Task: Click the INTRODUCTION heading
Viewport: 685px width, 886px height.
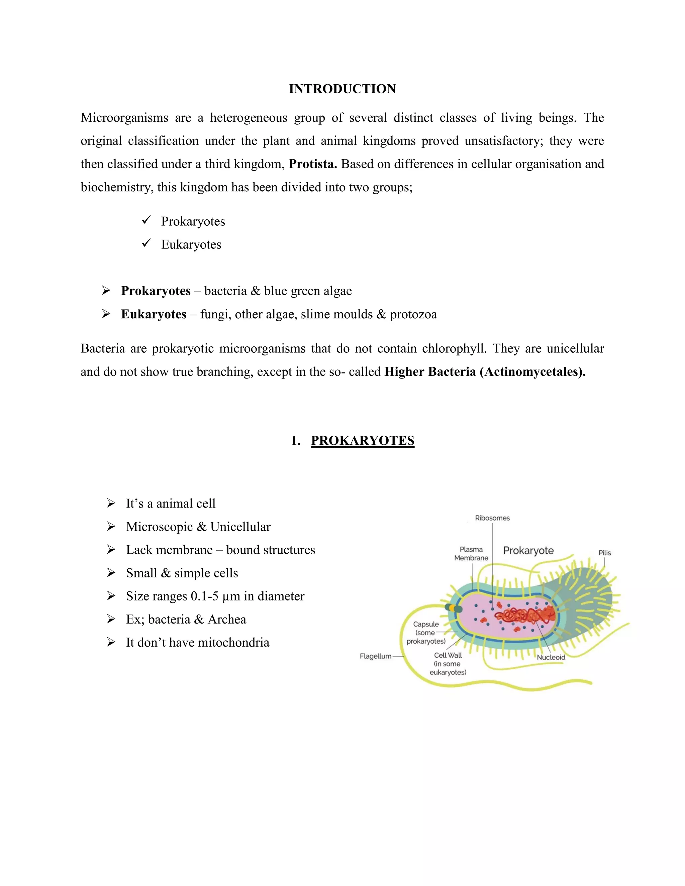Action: point(342,89)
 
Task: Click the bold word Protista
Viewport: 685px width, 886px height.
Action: point(312,164)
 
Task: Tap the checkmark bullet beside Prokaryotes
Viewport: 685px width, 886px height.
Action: point(146,220)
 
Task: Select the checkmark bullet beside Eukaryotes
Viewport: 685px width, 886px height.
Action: point(146,243)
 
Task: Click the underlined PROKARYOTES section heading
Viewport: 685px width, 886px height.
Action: point(362,441)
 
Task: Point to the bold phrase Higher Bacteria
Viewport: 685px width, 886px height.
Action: point(430,371)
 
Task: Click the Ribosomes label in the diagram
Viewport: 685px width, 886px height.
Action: point(492,518)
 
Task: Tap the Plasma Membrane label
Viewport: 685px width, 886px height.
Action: point(471,554)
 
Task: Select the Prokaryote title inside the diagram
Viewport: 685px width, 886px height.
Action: point(528,551)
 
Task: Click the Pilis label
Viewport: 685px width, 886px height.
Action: point(604,553)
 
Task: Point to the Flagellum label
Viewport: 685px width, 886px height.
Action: point(375,656)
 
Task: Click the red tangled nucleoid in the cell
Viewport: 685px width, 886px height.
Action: point(525,616)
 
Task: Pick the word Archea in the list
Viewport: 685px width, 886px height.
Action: point(227,619)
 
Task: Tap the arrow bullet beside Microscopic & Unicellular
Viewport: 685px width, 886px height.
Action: point(111,527)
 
